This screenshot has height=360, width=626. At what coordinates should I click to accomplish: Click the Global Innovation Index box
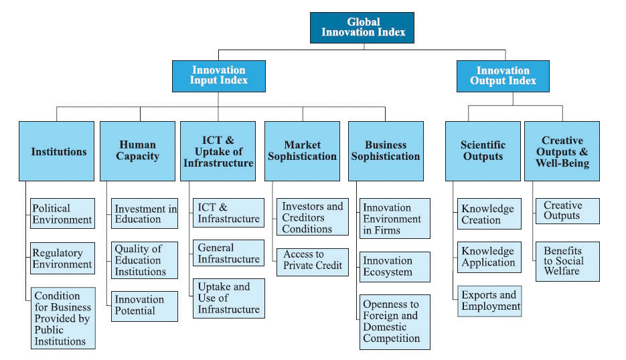point(362,27)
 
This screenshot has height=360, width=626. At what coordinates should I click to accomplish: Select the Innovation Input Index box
point(219,76)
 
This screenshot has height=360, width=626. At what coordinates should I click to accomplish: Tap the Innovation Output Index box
point(503,76)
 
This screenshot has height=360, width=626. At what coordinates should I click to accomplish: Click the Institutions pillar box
point(57,151)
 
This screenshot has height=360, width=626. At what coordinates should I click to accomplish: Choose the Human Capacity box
point(137,151)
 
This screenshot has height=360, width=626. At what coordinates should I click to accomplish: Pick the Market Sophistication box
point(302,151)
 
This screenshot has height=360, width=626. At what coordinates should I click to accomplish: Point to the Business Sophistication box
point(386,151)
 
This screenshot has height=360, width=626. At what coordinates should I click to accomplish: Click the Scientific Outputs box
point(483,151)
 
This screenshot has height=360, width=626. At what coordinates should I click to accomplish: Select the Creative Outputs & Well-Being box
point(562,151)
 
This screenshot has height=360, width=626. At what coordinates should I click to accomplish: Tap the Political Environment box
point(63,213)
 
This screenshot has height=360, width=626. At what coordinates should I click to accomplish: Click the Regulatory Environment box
point(63,258)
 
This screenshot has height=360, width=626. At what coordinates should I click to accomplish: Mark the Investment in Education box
point(145,213)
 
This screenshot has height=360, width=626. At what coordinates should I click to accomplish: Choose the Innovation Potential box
point(145,306)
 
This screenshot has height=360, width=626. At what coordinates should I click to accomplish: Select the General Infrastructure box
point(228,253)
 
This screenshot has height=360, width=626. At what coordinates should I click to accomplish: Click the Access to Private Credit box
point(313,262)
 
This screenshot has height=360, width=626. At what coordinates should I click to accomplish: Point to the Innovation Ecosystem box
point(395,267)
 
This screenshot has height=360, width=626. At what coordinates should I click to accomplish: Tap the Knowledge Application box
point(489,257)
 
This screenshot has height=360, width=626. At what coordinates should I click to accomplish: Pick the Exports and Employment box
point(489,301)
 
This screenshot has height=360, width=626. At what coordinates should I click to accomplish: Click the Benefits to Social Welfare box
point(568,262)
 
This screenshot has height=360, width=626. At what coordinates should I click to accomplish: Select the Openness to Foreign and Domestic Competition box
point(395,322)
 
